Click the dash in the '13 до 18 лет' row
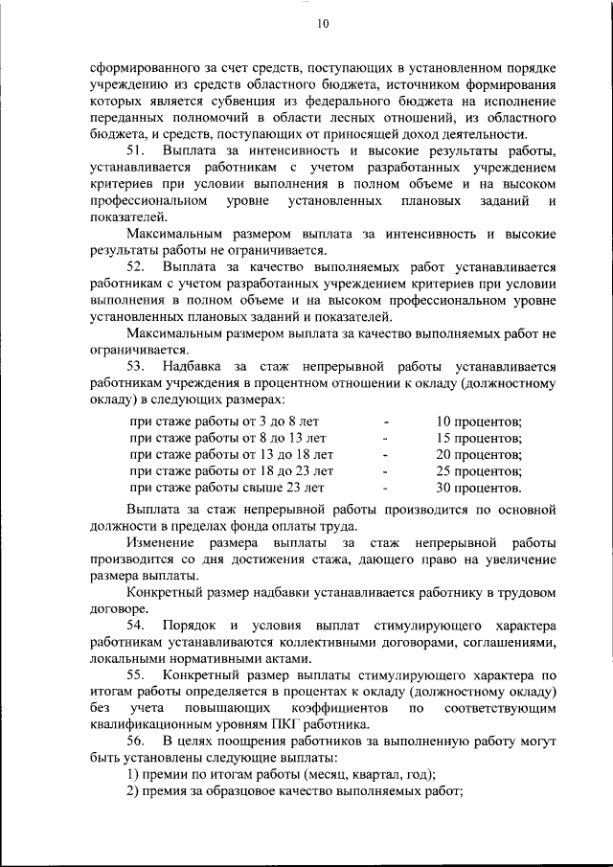click(x=385, y=454)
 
